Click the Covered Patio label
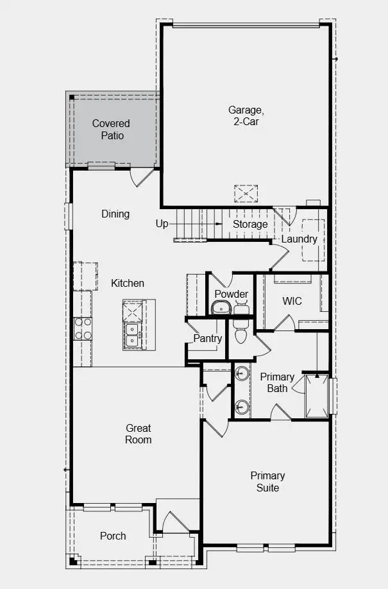111,130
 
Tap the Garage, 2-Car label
246,115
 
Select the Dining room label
115,214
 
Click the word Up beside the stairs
162,224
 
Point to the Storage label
250,225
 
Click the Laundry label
299,239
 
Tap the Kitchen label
128,283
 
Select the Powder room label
232,294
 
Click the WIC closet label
292,301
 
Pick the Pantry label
208,338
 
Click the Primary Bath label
277,382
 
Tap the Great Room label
139,434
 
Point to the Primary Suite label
267,482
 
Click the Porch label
113,536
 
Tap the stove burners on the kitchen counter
83,329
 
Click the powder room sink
221,309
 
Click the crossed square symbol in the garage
246,194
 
